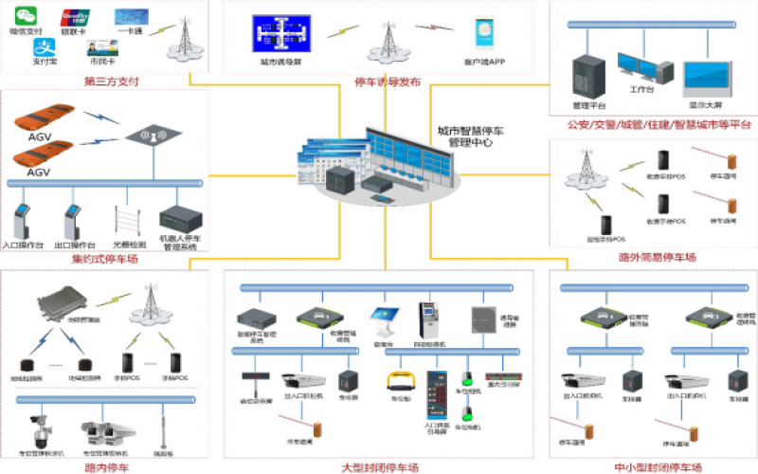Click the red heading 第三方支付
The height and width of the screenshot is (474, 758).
112,82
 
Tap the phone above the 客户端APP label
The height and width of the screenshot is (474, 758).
483,36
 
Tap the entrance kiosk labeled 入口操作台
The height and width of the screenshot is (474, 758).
23,222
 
